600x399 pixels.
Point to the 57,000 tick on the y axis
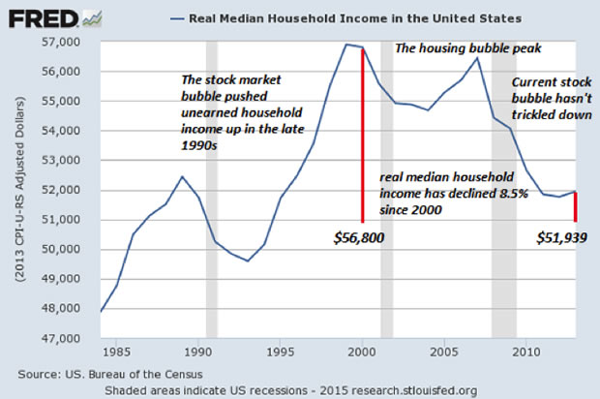[75, 43]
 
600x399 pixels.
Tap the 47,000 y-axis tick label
[75, 338]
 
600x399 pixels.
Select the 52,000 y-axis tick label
[75, 191]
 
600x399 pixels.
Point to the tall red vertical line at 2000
[363, 136]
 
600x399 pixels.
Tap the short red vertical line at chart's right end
[577, 206]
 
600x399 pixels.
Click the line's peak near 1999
[345, 45]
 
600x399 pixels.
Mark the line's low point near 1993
[248, 261]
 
